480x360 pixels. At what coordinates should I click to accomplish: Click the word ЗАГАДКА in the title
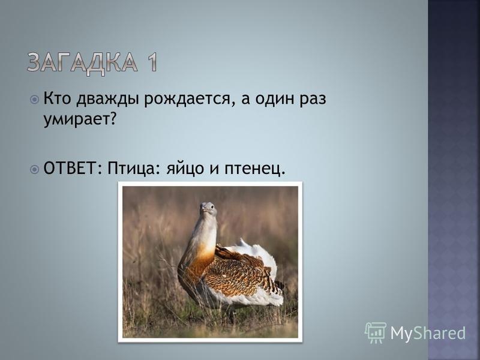(82, 63)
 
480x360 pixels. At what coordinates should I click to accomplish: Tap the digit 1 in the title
(151, 62)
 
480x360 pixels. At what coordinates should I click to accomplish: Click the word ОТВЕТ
(70, 168)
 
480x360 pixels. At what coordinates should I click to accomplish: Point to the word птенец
(252, 170)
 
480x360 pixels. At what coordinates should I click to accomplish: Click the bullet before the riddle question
(35, 100)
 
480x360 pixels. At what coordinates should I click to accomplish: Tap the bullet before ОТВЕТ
(35, 169)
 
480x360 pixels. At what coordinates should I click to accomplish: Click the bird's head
(208, 209)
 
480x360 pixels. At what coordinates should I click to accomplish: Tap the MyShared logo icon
(376, 332)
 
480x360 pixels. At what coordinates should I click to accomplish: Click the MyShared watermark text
(428, 333)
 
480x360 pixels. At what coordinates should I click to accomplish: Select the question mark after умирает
(113, 118)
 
